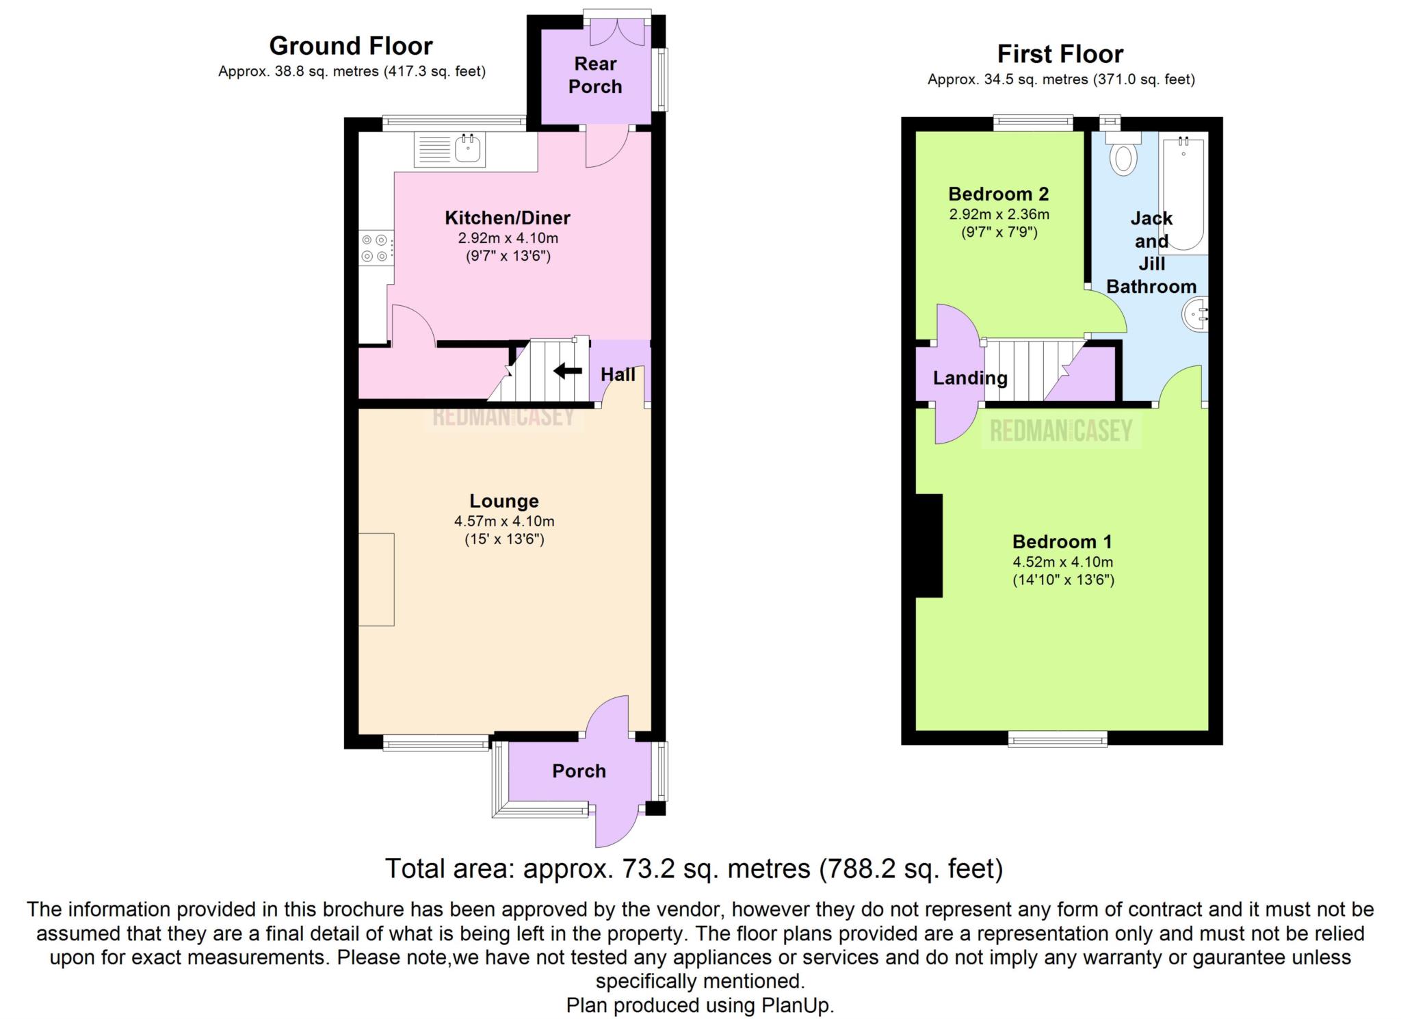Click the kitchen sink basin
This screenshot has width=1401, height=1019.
point(469,149)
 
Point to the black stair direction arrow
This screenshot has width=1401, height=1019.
point(567,372)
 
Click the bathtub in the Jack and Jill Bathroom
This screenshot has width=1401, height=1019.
point(1183,194)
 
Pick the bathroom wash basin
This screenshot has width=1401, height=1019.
point(1195,315)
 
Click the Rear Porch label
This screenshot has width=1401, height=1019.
point(595,75)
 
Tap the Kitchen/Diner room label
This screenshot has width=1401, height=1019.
point(508,218)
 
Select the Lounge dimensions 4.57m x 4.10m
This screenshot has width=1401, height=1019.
point(504,521)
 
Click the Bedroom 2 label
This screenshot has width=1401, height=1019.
point(999,194)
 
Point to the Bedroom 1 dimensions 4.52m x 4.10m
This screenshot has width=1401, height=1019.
point(1063,562)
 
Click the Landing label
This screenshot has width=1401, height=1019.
point(970,378)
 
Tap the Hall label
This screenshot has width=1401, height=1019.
point(618,374)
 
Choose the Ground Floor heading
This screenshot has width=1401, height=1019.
point(351,46)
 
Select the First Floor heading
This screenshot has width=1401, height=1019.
point(1060,53)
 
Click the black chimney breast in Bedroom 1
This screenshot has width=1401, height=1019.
point(930,545)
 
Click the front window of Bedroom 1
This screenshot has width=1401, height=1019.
point(1058,738)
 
